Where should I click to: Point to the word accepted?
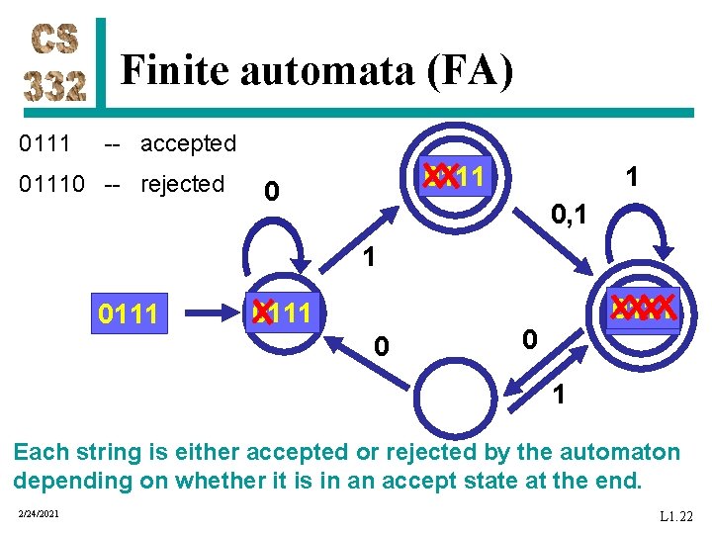188,143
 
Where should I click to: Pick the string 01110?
51,184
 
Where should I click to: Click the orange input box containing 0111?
130,314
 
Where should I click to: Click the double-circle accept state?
456,177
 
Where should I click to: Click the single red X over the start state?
262,312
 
